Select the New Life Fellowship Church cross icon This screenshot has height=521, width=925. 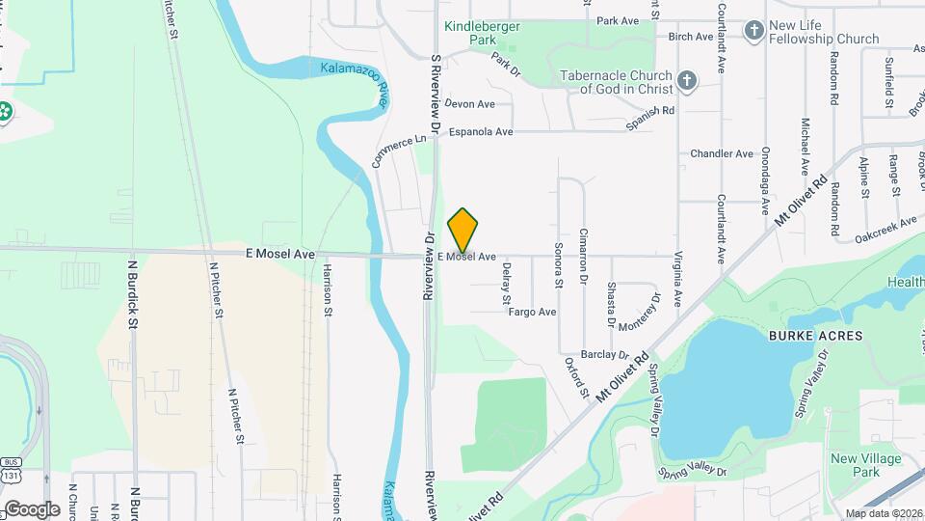753,31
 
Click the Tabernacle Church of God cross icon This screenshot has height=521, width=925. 686,80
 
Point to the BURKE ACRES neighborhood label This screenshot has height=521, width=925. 803,335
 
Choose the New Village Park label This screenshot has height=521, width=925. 855,465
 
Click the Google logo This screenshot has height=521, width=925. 31,508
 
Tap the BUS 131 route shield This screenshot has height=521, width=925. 11,468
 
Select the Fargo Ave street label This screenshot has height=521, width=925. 533,312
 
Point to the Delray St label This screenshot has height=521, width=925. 506,286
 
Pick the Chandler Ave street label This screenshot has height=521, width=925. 722,153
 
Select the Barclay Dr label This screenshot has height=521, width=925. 605,354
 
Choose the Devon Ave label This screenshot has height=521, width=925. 469,104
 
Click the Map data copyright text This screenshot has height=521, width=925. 883,512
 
